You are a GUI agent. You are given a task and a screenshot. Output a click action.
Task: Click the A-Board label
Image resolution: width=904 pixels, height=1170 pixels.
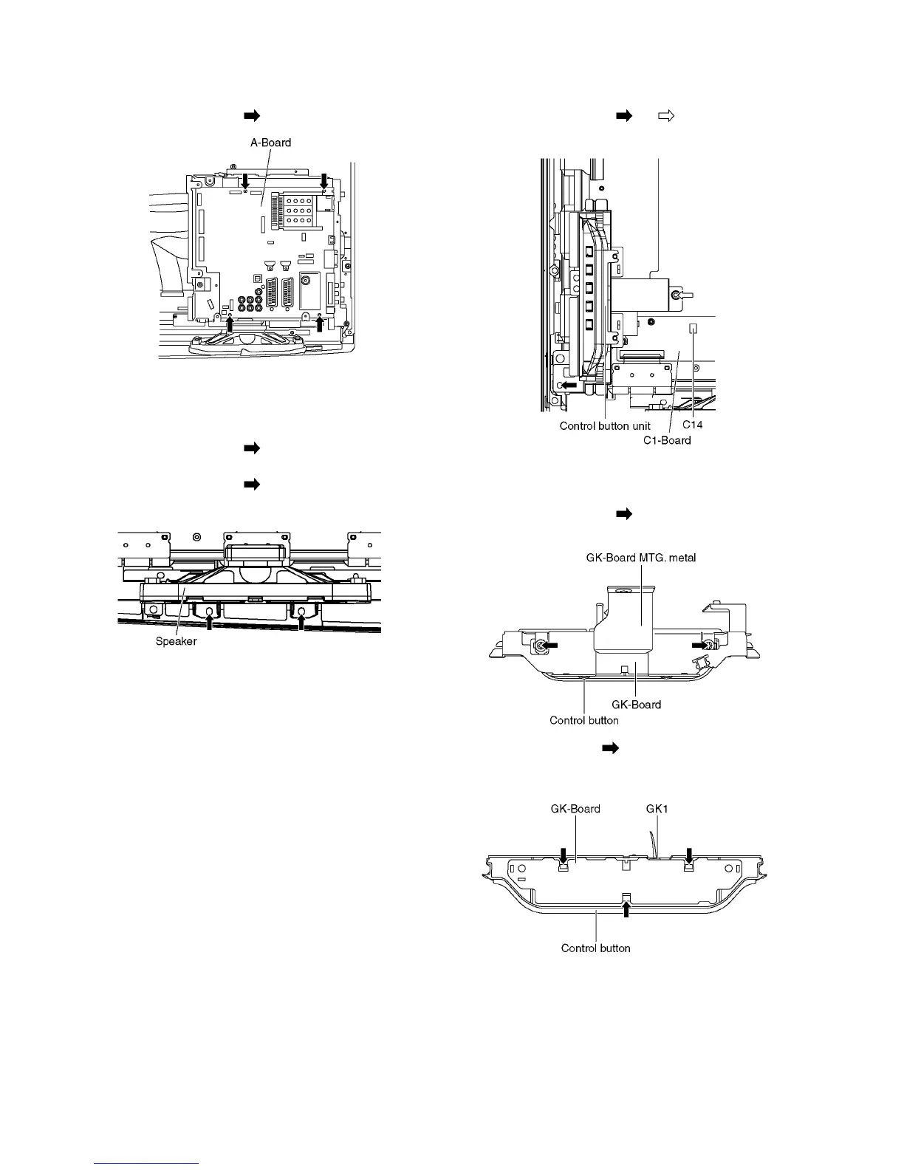271,143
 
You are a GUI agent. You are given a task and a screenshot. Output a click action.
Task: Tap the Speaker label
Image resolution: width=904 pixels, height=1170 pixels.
176,641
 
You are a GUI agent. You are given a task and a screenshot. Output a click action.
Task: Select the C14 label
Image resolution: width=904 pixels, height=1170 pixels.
692,425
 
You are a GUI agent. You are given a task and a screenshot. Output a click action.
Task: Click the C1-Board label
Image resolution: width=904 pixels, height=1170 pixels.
666,440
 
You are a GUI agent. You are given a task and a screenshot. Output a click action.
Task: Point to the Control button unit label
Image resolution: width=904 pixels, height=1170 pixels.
605,425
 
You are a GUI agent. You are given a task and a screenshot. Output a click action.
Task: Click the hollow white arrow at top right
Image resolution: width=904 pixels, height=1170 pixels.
666,115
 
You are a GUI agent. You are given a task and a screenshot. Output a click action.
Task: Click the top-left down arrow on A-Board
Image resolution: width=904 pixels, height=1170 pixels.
247,179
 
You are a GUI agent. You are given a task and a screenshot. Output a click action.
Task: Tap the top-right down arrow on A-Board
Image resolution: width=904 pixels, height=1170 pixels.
323,179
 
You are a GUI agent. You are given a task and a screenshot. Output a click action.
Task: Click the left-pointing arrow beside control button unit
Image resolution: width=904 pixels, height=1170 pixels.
568,385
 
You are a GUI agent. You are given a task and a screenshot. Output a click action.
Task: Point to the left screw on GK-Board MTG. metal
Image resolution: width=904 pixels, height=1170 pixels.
540,646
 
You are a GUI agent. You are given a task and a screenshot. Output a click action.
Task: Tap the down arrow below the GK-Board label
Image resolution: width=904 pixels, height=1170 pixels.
564,855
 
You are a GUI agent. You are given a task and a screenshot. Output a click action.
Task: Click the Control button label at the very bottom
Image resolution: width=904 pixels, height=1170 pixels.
595,948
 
